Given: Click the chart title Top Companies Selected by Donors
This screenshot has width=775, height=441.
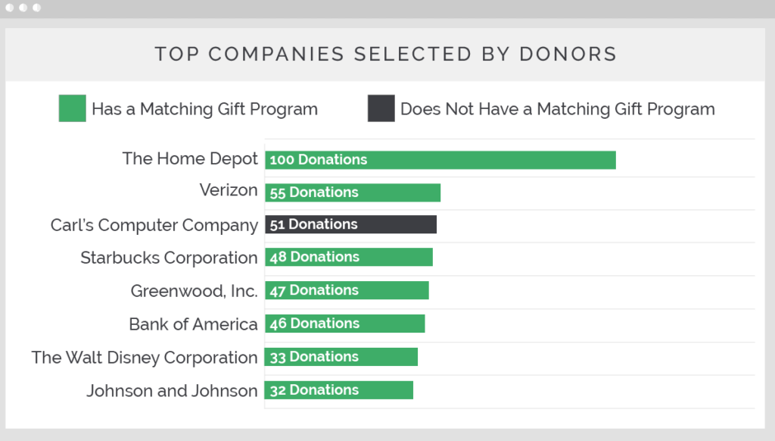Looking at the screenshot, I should point(386,55).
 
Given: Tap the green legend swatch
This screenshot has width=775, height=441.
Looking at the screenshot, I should point(72,108).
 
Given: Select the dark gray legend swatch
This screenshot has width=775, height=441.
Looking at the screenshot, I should point(381,108).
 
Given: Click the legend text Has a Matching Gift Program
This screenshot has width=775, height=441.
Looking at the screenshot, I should point(204,109).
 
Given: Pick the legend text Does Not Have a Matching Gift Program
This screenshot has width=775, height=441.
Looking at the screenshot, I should point(557,109).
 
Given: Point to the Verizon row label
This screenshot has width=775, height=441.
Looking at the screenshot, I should point(229,190).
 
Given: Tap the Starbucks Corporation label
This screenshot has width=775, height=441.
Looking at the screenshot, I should point(169,258).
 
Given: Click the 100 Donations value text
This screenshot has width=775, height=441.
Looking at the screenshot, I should point(318,160).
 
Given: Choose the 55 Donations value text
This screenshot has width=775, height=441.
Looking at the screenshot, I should point(314,192).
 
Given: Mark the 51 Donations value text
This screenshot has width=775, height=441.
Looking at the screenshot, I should point(313,224).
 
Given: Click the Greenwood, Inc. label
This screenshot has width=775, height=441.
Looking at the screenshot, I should point(194,291).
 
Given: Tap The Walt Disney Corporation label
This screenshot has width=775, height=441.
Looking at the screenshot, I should point(145,358).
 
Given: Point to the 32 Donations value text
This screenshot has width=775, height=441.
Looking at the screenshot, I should point(314,390).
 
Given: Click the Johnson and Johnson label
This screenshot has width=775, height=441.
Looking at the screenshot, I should point(172,391).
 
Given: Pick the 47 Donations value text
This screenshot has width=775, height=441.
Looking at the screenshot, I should point(314,290).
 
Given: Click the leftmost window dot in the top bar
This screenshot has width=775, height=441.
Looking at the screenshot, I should point(10,8).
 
